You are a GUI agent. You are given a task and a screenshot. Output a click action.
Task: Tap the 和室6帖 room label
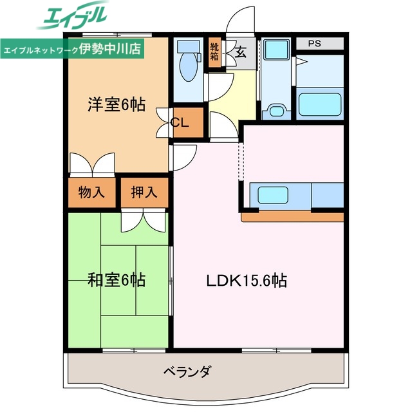pyautogui.click(x=116, y=280)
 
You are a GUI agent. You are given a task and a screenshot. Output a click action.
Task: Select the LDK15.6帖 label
pyautogui.click(x=247, y=281)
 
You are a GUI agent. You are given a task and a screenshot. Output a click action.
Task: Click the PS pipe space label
pyautogui.click(x=314, y=44)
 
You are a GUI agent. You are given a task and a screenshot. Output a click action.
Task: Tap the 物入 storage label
pyautogui.click(x=91, y=191)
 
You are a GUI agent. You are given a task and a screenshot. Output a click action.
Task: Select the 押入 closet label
pyautogui.click(x=144, y=191)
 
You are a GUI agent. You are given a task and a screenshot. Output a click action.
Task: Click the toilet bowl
pyautogui.click(x=189, y=69)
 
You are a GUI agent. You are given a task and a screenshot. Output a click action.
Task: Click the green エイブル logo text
pyautogui.click(x=74, y=18)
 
